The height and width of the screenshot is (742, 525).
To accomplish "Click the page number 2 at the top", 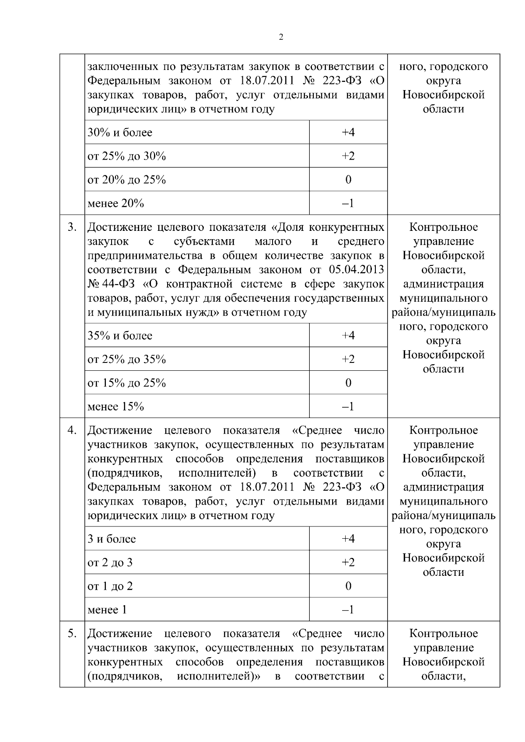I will click(x=280, y=37).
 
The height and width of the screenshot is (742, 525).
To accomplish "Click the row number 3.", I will click(x=72, y=227).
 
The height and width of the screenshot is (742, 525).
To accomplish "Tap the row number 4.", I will click(x=72, y=430).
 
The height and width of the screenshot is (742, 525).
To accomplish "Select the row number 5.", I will click(x=72, y=634).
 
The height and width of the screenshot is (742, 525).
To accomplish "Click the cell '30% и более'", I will click(x=120, y=132).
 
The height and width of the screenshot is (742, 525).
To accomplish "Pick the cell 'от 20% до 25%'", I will click(x=126, y=180).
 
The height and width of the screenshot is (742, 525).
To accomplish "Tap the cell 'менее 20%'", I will click(x=115, y=203).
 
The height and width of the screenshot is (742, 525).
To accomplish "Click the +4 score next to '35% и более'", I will click(x=348, y=335).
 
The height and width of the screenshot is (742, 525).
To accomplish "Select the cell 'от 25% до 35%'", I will click(x=126, y=359).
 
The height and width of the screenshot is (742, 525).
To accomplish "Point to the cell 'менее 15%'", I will click(x=115, y=407).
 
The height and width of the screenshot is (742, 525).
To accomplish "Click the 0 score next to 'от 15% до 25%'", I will click(x=348, y=383).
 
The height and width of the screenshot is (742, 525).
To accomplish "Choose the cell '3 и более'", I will click(x=112, y=539).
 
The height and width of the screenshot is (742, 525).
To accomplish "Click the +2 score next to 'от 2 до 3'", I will click(x=348, y=562).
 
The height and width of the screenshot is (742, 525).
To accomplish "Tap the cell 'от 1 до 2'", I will click(x=110, y=586).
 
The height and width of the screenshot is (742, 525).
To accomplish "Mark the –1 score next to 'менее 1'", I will click(x=348, y=610).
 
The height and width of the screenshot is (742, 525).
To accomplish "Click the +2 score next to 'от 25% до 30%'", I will click(x=348, y=156).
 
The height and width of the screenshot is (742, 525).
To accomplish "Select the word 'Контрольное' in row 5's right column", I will click(x=443, y=634).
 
